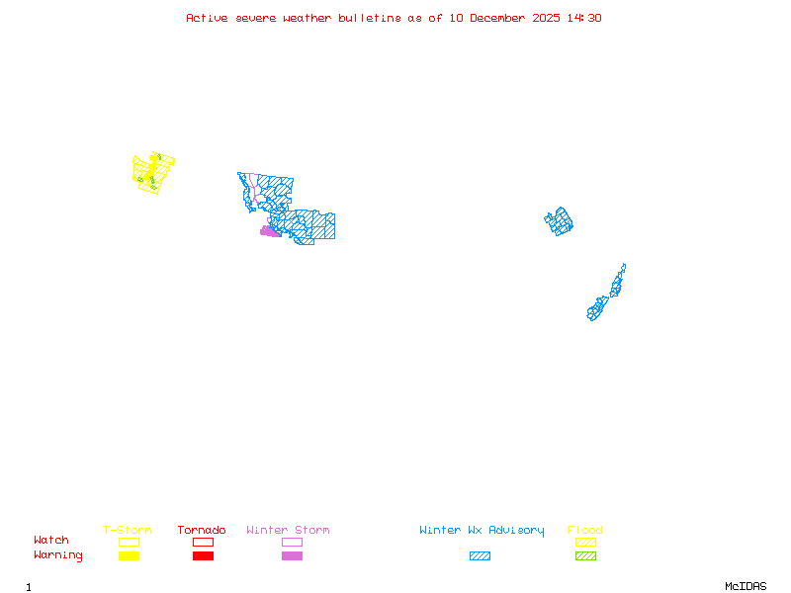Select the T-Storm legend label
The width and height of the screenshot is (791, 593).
pos(128,531)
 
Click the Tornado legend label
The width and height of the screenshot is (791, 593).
pos(202,531)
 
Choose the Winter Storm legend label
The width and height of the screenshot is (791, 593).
pos(288,531)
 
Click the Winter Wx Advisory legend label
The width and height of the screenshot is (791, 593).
pos(482,531)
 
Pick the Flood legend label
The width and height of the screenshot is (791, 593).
pos(585,531)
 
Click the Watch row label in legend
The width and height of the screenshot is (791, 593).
pos(51,541)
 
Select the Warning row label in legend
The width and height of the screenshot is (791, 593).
pos(58,555)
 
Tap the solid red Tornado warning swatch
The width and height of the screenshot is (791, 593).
pos(203,555)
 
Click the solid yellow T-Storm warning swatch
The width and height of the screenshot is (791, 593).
pos(129,555)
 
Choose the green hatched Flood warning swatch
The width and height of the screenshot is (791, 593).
pos(585,555)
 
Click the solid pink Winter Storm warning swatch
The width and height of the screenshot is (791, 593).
pos(292,555)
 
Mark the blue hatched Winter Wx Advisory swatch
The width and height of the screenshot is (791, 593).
pos(480,555)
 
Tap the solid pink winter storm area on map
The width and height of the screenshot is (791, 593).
pos(269,231)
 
